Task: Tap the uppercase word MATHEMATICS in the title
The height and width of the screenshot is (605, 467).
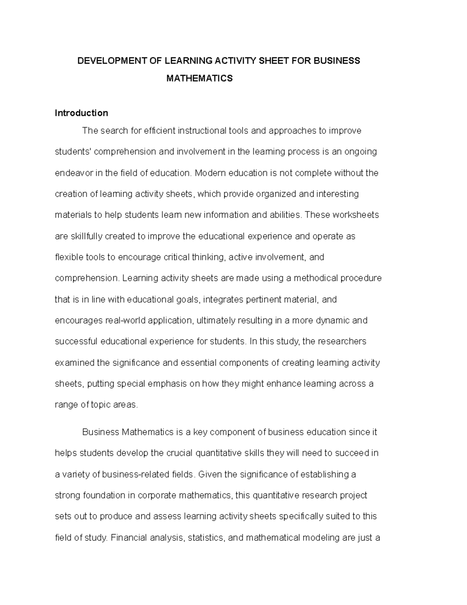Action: click(x=199, y=78)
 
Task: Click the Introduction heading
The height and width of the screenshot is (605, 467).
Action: click(x=81, y=113)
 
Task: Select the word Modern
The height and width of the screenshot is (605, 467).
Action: click(x=210, y=173)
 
